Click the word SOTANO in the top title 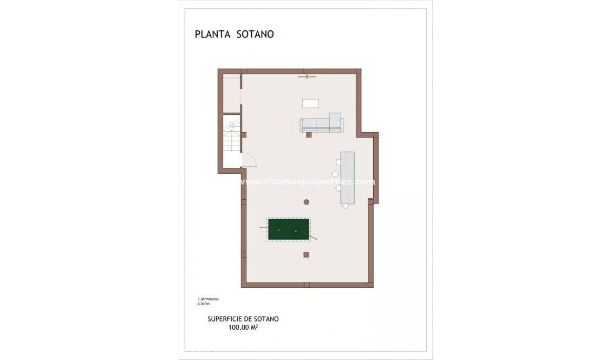click(255, 34)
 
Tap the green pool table click(289, 230)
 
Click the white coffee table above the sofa click(310, 103)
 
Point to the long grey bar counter click(347, 178)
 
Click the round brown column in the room click(306, 202)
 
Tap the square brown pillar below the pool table click(306, 254)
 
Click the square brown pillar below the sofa click(309, 135)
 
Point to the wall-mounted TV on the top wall click(307, 77)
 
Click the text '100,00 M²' click(243, 327)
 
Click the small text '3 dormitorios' click(208, 299)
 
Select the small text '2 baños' click(204, 303)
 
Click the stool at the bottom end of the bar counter click(346, 206)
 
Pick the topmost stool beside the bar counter click(338, 161)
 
